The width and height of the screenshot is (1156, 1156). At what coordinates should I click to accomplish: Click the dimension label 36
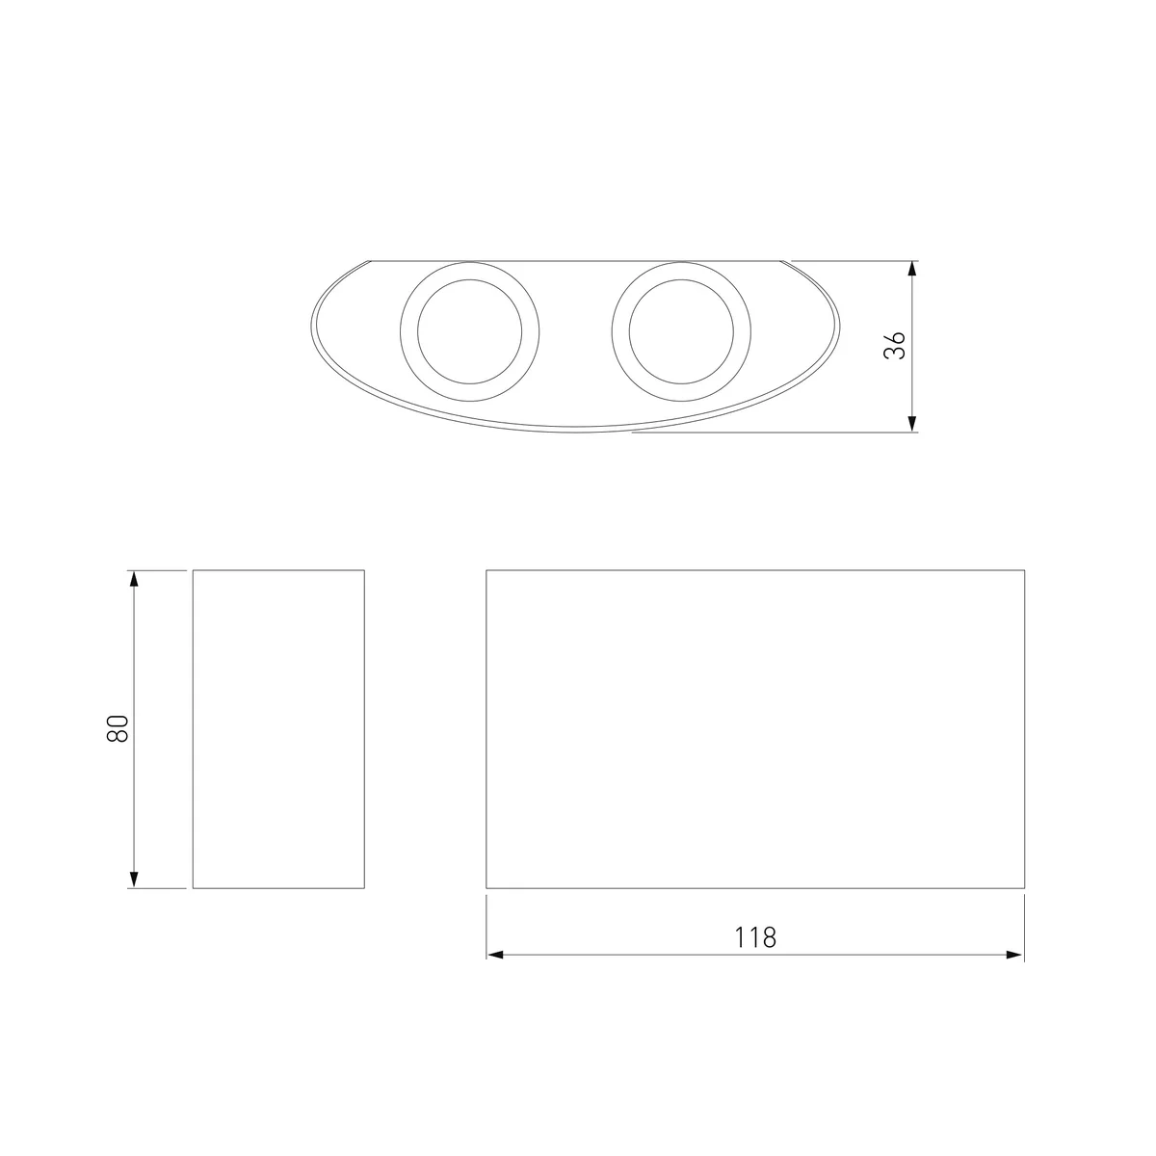(x=894, y=345)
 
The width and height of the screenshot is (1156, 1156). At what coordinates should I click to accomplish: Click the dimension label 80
(x=118, y=729)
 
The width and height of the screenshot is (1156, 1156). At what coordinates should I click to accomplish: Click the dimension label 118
(x=755, y=937)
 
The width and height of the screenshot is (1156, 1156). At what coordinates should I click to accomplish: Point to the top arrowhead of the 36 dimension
(x=912, y=268)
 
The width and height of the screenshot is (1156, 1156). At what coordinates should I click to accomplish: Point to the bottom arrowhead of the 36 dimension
(x=912, y=424)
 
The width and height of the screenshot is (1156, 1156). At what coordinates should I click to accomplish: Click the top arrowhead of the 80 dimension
(x=134, y=578)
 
